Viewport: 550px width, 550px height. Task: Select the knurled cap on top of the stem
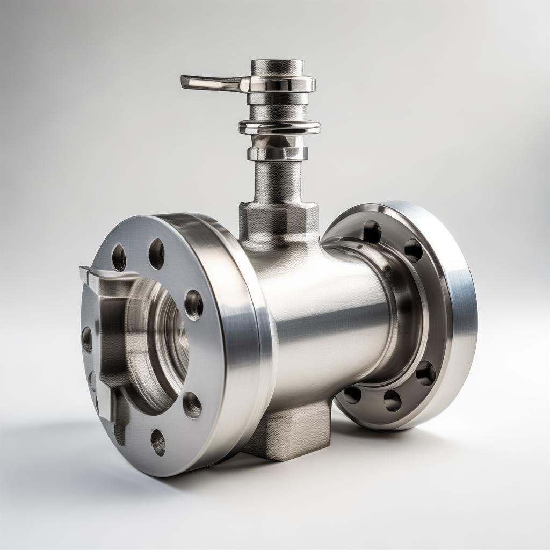click(x=277, y=67)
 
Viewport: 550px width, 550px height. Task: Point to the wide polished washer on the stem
click(x=279, y=127)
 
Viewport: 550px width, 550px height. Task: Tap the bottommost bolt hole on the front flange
click(x=158, y=442)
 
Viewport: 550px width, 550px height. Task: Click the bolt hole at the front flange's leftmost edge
click(x=86, y=339)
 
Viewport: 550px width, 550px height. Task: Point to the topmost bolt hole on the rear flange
click(x=372, y=231)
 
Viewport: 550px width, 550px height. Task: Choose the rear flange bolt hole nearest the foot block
click(x=352, y=395)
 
